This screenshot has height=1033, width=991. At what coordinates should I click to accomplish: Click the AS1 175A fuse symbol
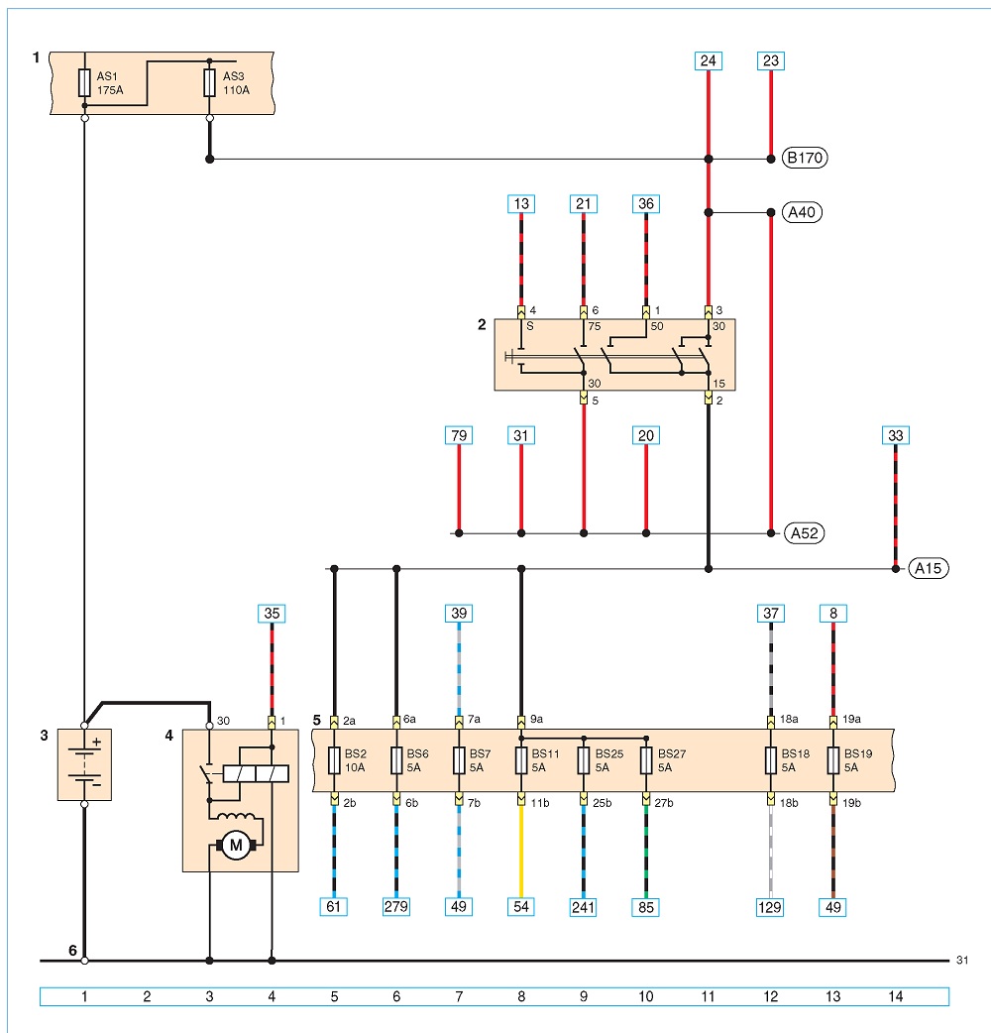click(x=84, y=83)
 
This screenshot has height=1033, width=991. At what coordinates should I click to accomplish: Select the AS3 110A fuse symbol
click(x=209, y=83)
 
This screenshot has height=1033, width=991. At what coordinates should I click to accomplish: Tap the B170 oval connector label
click(x=804, y=158)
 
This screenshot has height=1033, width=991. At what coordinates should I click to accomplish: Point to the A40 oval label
click(x=802, y=212)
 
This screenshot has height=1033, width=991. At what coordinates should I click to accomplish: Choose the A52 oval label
click(x=804, y=533)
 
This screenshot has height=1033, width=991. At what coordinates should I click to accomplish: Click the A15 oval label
click(x=929, y=568)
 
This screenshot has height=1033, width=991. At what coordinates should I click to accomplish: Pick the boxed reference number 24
click(x=708, y=61)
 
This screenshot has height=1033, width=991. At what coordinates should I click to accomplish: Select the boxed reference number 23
click(x=770, y=61)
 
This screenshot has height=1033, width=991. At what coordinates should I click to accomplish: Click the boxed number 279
click(x=395, y=906)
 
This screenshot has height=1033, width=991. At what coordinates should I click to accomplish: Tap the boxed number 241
click(x=583, y=907)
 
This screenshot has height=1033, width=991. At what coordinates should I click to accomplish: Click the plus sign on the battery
click(x=97, y=743)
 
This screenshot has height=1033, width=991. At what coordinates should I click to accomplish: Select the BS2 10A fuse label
click(x=356, y=760)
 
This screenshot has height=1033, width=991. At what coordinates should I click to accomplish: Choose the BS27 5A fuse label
click(x=672, y=760)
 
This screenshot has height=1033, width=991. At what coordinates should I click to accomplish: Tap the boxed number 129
click(x=770, y=907)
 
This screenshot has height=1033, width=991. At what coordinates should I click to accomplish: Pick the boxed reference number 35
click(x=272, y=614)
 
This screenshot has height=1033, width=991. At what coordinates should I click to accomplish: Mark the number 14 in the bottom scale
click(x=896, y=996)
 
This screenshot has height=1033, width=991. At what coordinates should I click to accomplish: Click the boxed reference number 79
click(x=459, y=435)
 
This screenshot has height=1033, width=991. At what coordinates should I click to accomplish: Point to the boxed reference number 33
click(x=896, y=435)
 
